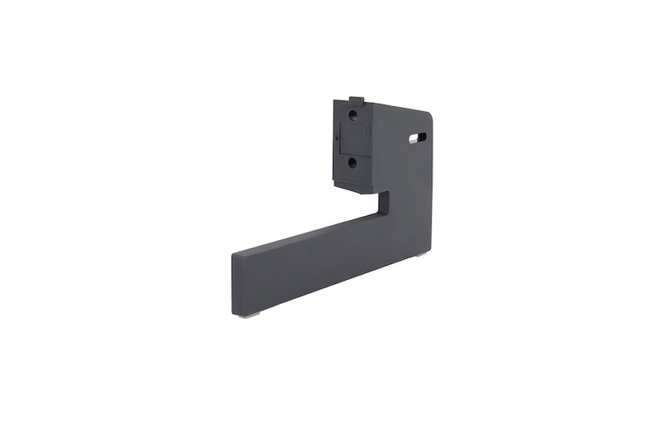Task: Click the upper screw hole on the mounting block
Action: (x=353, y=115)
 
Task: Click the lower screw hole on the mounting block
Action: (x=353, y=163)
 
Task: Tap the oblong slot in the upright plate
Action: (x=417, y=137)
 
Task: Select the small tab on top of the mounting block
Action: (x=354, y=99)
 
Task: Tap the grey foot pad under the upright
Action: (x=421, y=253)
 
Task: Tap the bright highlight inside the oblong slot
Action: (x=413, y=140)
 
